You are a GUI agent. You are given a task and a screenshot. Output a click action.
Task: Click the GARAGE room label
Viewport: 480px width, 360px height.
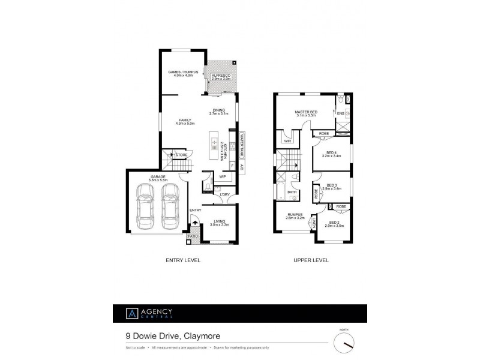[x=158, y=177]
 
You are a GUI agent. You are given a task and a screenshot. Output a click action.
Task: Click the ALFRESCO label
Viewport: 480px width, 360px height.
[x=221, y=75]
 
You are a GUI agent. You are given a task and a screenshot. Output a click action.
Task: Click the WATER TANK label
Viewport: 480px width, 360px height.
[x=242, y=144]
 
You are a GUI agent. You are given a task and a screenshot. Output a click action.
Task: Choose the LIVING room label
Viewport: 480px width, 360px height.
[x=221, y=222]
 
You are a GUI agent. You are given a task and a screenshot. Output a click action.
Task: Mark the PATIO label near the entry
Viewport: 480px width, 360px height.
[x=193, y=236]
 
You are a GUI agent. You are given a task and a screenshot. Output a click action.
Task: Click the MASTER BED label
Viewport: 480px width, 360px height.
[x=305, y=112]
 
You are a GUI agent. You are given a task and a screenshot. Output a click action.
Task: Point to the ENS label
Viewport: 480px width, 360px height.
[x=340, y=113]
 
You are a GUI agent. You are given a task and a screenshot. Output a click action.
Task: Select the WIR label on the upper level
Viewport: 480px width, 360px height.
[x=287, y=141]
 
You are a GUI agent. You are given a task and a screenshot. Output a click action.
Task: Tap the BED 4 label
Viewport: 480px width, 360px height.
[x=331, y=152]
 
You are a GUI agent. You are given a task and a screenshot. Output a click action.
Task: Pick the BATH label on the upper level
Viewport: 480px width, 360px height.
[x=292, y=192]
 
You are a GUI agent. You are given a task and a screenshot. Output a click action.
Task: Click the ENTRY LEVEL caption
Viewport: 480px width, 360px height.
[x=182, y=261]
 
